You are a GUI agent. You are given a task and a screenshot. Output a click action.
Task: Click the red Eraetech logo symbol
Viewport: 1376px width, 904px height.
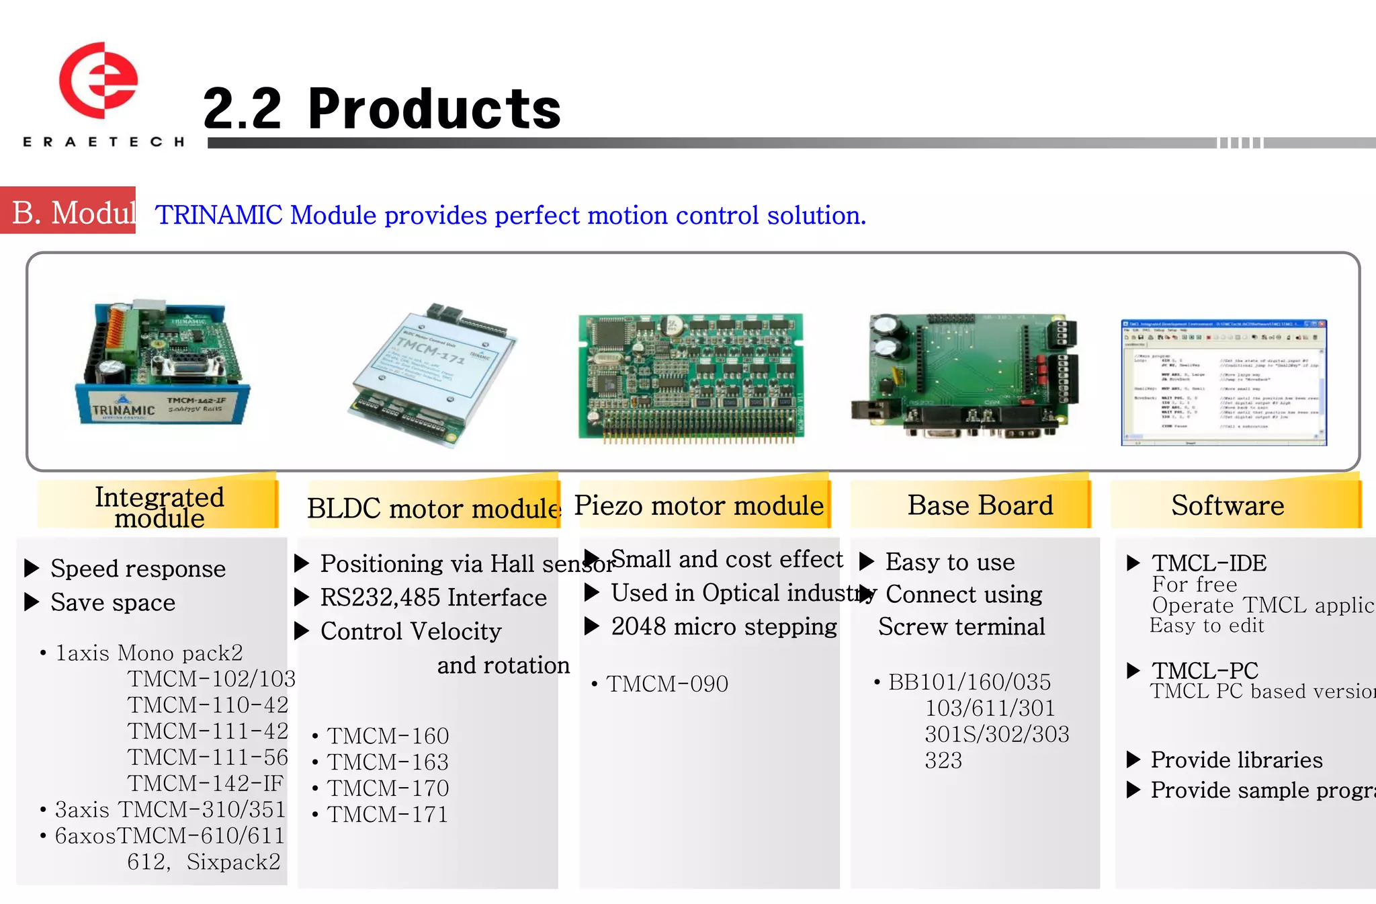pos(99,80)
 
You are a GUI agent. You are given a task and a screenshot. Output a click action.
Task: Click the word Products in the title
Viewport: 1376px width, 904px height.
pos(434,110)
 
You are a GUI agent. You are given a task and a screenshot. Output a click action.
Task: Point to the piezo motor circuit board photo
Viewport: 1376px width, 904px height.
pos(691,376)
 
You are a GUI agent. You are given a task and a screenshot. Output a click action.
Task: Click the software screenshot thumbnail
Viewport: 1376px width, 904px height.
pos(1223,382)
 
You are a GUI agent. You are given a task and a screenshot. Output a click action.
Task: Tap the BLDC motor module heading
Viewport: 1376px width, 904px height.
pos(433,508)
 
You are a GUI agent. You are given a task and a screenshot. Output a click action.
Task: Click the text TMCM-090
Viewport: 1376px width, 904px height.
pos(666,684)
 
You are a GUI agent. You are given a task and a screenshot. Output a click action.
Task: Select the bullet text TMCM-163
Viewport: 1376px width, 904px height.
pos(388,762)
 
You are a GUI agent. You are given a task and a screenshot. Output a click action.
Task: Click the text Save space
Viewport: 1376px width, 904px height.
pos(113,603)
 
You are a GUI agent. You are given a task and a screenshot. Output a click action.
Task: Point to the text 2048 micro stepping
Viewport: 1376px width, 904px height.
pos(724,627)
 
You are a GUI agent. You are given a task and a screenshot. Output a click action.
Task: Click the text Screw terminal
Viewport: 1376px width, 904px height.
pos(961,627)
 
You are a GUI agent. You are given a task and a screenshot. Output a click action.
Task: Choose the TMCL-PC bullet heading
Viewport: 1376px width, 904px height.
pos(1205,670)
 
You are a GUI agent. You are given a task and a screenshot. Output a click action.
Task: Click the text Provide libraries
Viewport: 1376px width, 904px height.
pos(1236,760)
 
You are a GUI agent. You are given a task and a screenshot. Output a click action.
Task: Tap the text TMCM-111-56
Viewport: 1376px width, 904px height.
pos(208,757)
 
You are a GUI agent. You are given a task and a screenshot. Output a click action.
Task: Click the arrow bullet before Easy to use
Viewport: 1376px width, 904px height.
pos(867,561)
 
